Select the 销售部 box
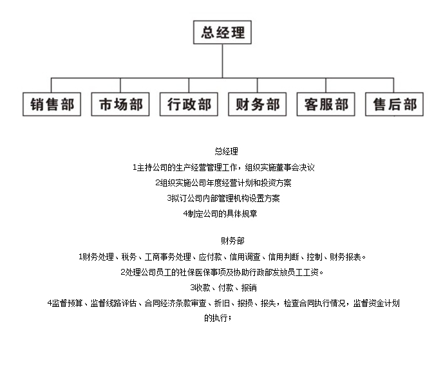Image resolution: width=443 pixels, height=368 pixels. (52, 104)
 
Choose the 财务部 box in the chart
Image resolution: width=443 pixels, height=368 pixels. (257, 104)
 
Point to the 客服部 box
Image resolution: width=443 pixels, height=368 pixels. (326, 104)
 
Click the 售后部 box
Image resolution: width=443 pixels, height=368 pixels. (394, 104)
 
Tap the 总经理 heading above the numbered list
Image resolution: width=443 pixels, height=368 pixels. (222, 151)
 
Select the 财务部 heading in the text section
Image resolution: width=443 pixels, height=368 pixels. (222, 241)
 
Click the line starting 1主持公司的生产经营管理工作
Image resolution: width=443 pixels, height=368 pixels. (222, 167)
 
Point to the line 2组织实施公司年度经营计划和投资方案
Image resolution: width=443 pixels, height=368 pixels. (222, 182)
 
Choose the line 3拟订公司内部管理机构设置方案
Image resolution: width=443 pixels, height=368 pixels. (222, 198)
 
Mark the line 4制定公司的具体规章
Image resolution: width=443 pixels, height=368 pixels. (222, 213)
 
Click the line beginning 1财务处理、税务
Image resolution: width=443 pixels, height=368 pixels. (222, 257)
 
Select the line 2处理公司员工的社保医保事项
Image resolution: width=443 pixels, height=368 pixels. (222, 272)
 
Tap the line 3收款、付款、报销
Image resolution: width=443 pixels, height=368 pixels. (222, 288)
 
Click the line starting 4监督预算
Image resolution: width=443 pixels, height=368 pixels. (222, 303)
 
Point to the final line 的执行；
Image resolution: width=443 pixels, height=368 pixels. (222, 318)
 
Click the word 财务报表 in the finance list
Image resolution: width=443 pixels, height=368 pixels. (348, 257)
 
